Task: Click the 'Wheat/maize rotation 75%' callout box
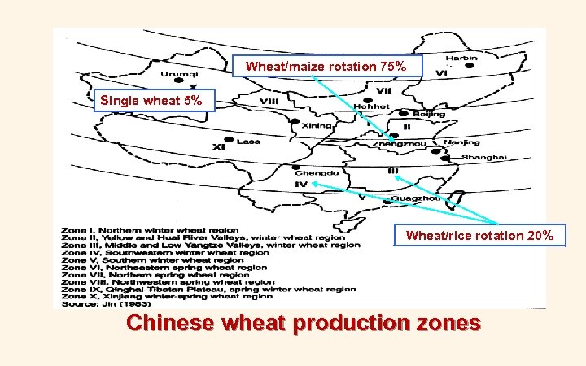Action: click(x=326, y=66)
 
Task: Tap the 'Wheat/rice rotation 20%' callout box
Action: click(x=479, y=236)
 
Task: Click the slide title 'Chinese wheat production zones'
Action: click(x=304, y=323)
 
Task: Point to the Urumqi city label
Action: click(x=177, y=74)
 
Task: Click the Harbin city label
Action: click(x=461, y=59)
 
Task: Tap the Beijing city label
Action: click(x=428, y=115)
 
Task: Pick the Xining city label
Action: click(x=317, y=126)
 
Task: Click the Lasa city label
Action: click(x=248, y=141)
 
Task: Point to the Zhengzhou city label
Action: click(x=399, y=144)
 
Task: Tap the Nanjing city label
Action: click(x=461, y=142)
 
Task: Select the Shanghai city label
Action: click(x=483, y=157)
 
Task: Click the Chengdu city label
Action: click(x=311, y=173)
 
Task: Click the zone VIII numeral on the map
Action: click(x=269, y=102)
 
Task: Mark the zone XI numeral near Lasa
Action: click(x=218, y=147)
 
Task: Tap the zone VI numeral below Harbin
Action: click(x=442, y=73)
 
